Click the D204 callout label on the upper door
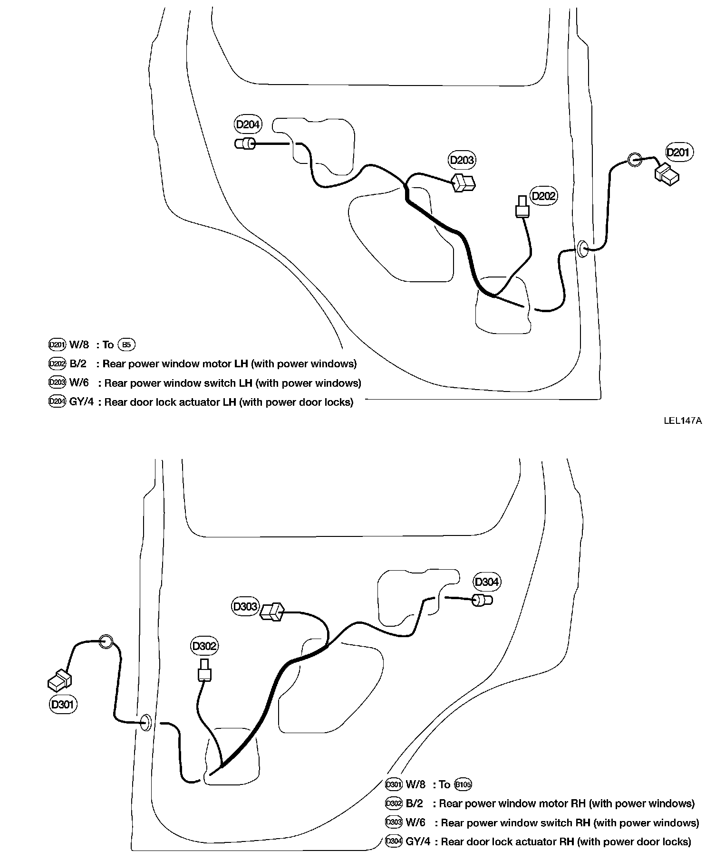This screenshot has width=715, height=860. click(248, 125)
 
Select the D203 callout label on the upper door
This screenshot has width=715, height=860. click(462, 160)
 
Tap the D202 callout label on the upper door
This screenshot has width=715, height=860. click(543, 196)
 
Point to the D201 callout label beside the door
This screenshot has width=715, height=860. click(678, 153)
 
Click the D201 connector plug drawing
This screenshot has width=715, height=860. click(667, 175)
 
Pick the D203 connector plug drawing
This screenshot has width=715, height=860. click(464, 182)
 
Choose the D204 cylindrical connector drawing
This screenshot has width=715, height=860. click(245, 143)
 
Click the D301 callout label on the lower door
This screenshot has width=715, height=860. click(63, 704)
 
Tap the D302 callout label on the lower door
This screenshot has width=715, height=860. click(204, 646)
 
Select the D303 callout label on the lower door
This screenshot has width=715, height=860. click(245, 607)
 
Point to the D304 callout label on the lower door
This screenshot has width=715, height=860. click(487, 582)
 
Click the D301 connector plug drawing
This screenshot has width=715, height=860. click(59, 680)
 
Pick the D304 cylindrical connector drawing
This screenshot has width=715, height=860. click(482, 600)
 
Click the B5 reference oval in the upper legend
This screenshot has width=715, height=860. click(126, 345)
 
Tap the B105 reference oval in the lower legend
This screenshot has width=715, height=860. click(463, 784)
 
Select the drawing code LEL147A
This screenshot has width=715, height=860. click(683, 420)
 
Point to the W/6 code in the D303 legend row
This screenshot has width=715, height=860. click(415, 822)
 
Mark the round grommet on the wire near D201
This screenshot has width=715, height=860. click(635, 160)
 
